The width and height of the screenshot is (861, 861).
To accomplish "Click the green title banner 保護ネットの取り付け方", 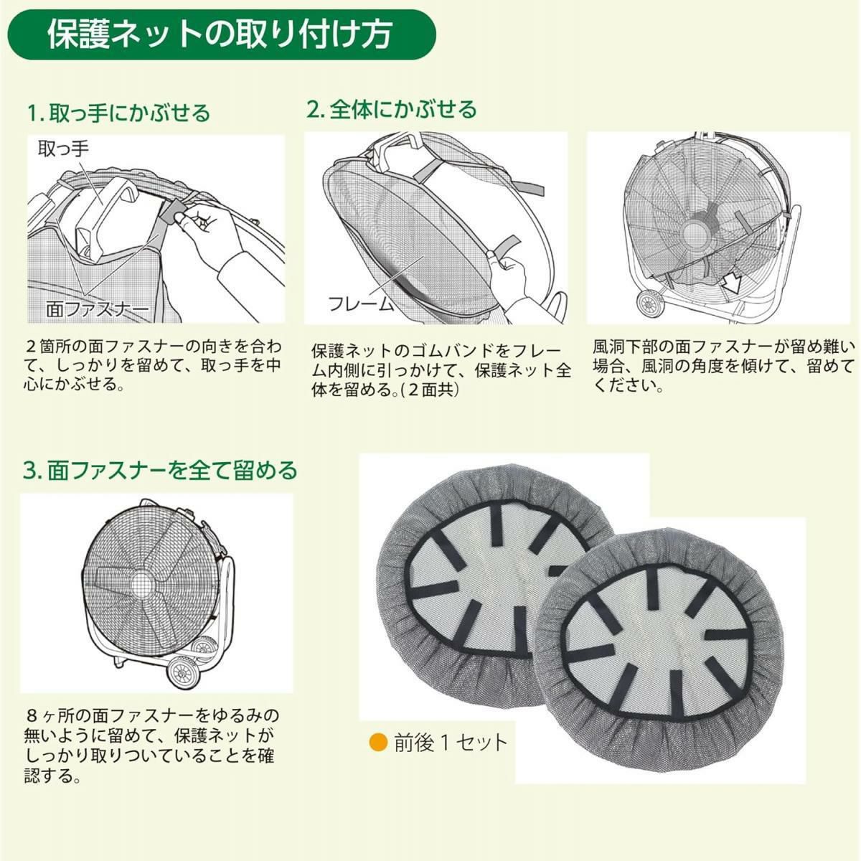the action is [222, 34].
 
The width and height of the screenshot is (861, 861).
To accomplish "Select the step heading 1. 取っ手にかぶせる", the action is [118, 113].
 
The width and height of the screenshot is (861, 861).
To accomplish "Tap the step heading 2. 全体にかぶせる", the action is [392, 110].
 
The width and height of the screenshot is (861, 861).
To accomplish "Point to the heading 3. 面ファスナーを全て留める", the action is [160, 471].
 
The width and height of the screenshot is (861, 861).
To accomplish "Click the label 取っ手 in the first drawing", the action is [63, 149].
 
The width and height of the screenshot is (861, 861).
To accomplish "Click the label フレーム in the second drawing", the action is [361, 304].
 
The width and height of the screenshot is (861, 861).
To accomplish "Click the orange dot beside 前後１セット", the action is [378, 743].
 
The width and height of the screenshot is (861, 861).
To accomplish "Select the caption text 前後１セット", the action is [451, 743].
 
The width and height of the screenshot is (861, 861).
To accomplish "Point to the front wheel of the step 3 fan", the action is [182, 672].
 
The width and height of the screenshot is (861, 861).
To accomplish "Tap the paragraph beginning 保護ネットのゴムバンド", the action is [441, 370].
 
